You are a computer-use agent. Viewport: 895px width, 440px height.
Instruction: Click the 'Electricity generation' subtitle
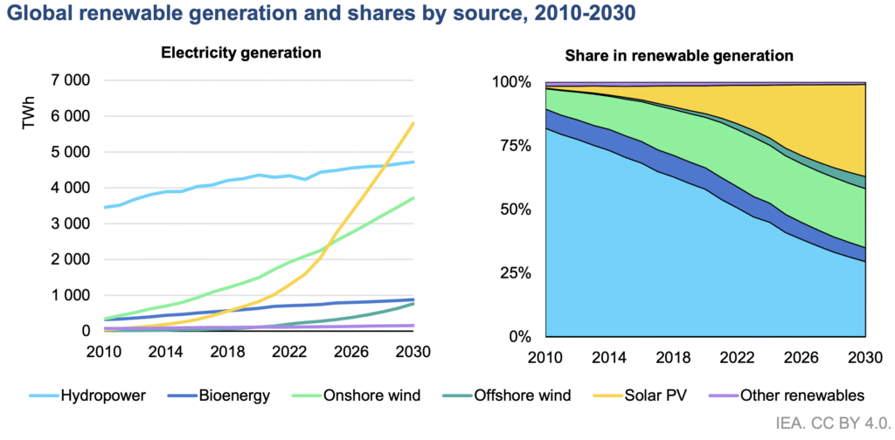(x=241, y=52)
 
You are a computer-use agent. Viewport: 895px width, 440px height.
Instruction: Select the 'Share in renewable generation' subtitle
(x=678, y=56)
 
